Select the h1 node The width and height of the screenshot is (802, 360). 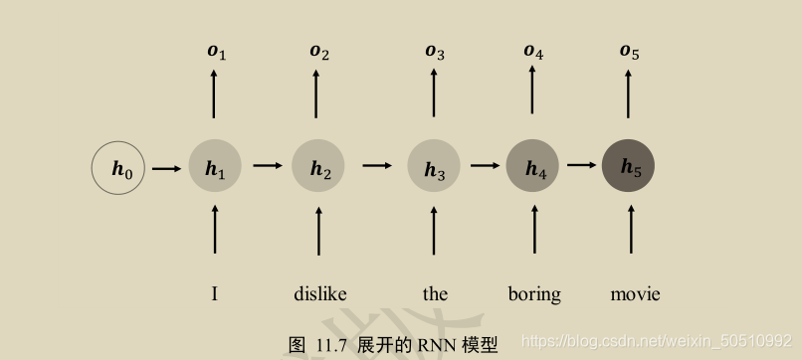tap(215, 168)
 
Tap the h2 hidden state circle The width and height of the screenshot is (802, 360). tap(318, 168)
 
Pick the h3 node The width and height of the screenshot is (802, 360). tap(434, 167)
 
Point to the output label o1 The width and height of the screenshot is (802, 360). tap(216, 51)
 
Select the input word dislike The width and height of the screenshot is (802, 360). tap(319, 293)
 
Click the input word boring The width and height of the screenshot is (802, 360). tap(534, 293)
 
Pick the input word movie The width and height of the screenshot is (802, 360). tap(635, 293)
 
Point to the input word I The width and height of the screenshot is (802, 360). tap(215, 293)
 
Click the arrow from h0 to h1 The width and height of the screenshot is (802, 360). tap(166, 168)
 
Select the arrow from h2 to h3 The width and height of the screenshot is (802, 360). tap(376, 166)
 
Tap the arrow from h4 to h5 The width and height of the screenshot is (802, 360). tap(580, 165)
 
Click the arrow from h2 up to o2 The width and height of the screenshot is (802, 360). tap(318, 95)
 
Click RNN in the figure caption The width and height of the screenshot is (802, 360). tap(436, 344)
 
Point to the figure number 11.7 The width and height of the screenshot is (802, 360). tap(330, 345)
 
